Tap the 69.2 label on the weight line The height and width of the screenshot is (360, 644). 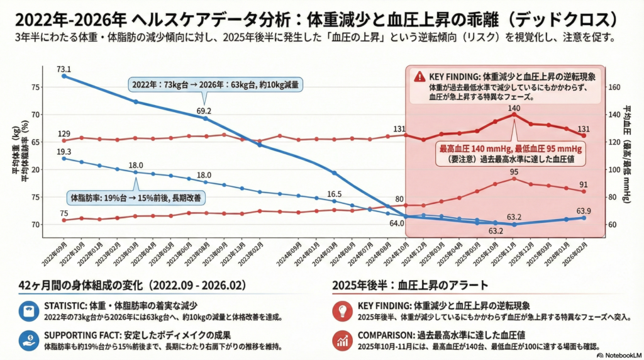pyautogui.click(x=204, y=111)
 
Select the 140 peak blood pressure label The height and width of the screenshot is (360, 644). pyautogui.click(x=514, y=108)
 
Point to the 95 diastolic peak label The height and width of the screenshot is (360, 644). pyautogui.click(x=514, y=172)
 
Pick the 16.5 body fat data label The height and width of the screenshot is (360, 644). pyautogui.click(x=334, y=194)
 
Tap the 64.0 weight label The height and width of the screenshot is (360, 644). pyautogui.click(x=397, y=223)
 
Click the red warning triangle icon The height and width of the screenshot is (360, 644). pyautogui.click(x=419, y=76)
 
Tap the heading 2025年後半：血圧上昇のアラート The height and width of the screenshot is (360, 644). pyautogui.click(x=411, y=285)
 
